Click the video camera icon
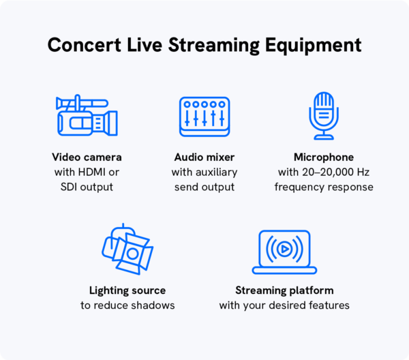[x=86, y=118]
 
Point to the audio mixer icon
[x=204, y=117]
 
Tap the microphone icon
[x=323, y=116]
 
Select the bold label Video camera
[x=86, y=157]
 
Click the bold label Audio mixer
[x=204, y=157]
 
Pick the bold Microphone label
[x=324, y=157]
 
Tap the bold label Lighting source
[x=127, y=290]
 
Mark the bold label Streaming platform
[x=284, y=290]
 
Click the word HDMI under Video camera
[x=91, y=172]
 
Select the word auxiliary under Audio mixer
[x=215, y=172]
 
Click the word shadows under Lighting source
[x=153, y=305]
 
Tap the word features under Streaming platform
[x=327, y=305]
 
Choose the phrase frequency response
[x=324, y=187]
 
